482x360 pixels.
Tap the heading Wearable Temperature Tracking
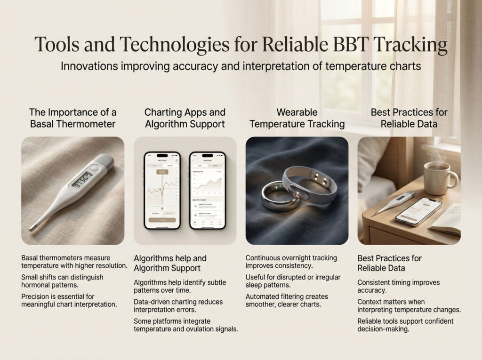(297, 119)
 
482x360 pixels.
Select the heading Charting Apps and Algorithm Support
(185, 119)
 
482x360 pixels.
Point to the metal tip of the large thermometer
(32, 228)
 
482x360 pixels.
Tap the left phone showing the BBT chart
(162, 190)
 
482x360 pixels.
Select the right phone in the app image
(208, 190)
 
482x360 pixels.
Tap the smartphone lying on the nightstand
(418, 211)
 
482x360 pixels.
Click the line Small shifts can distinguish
(62, 277)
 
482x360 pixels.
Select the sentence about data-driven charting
(178, 306)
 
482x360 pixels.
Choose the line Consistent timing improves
(398, 282)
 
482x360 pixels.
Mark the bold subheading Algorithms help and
(170, 258)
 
